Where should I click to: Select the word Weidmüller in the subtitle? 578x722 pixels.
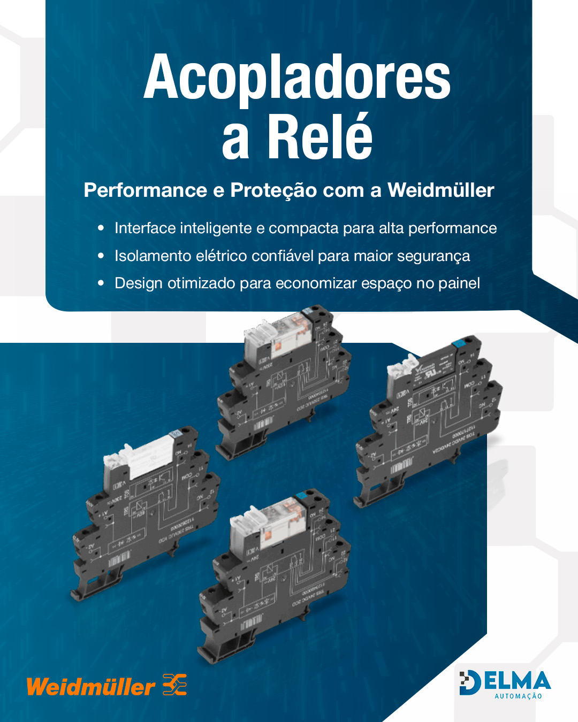(440, 190)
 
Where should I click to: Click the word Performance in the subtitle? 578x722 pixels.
(146, 190)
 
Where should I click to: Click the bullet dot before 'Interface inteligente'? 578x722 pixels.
(101, 228)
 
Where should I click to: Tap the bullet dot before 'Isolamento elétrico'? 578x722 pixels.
(101, 256)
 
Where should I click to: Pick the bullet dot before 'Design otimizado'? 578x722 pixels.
(101, 283)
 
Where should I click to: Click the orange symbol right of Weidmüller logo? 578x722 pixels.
(175, 685)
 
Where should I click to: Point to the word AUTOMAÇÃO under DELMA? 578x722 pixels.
(518, 696)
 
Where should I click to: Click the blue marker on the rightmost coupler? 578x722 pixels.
(458, 343)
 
